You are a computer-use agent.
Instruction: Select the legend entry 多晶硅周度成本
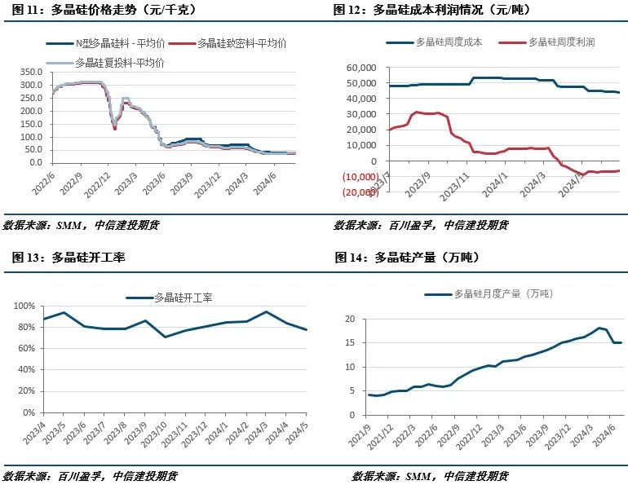point(449,42)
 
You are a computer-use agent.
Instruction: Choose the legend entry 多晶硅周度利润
point(562,42)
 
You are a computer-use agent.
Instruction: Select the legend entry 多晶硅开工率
point(183,298)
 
